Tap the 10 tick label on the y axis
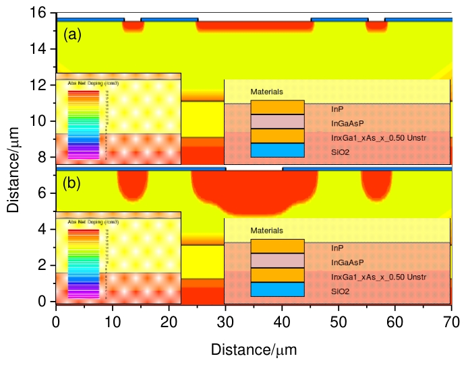click(x=42, y=121)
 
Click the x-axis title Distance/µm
click(x=254, y=349)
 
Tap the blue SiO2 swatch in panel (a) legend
click(x=277, y=150)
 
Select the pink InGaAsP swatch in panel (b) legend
click(x=277, y=261)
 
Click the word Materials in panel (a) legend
click(x=266, y=91)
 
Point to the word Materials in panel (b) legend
click(x=266, y=231)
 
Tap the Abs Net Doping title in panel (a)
click(x=94, y=83)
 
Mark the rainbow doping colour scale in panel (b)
click(x=84, y=263)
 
